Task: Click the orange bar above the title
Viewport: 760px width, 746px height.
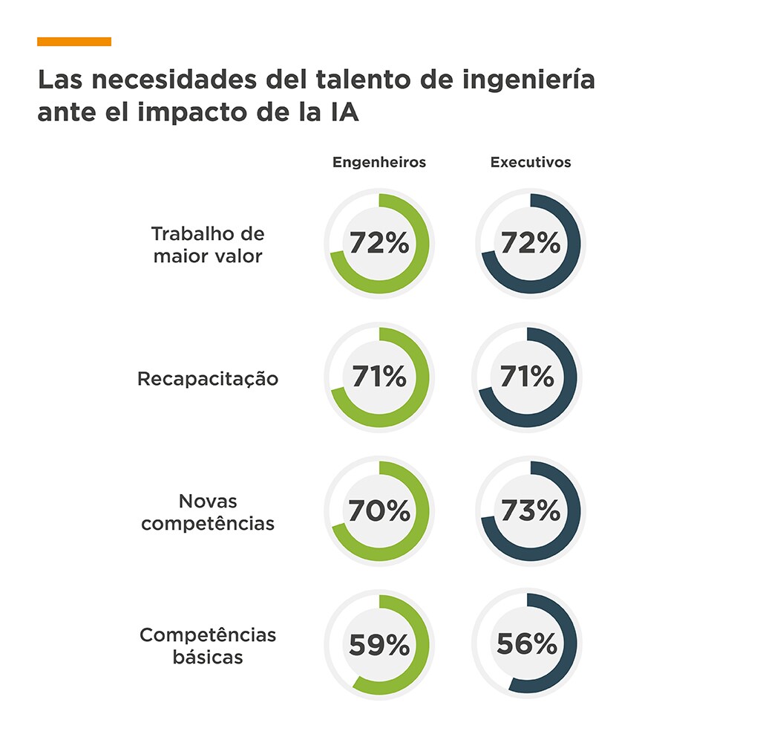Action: (74, 42)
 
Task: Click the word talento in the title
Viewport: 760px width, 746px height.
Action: (361, 80)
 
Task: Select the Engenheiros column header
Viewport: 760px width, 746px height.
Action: (379, 162)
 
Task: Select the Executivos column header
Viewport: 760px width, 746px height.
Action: (531, 162)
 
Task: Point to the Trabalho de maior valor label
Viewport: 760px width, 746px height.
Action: (208, 245)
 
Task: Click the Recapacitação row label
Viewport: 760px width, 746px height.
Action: (208, 379)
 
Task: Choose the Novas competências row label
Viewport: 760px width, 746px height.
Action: (208, 512)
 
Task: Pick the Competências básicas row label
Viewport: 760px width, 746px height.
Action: (208, 646)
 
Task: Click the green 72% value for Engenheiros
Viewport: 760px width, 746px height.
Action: (379, 243)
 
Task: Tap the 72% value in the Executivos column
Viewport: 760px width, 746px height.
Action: (531, 243)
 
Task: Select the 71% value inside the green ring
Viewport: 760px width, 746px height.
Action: (379, 377)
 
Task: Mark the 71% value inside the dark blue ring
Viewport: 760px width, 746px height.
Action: (527, 377)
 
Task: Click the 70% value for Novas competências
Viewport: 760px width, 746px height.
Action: (379, 511)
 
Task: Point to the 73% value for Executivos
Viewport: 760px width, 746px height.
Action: (531, 511)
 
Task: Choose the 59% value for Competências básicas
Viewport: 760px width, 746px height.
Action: (379, 645)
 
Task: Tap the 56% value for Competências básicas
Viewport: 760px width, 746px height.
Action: (527, 645)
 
